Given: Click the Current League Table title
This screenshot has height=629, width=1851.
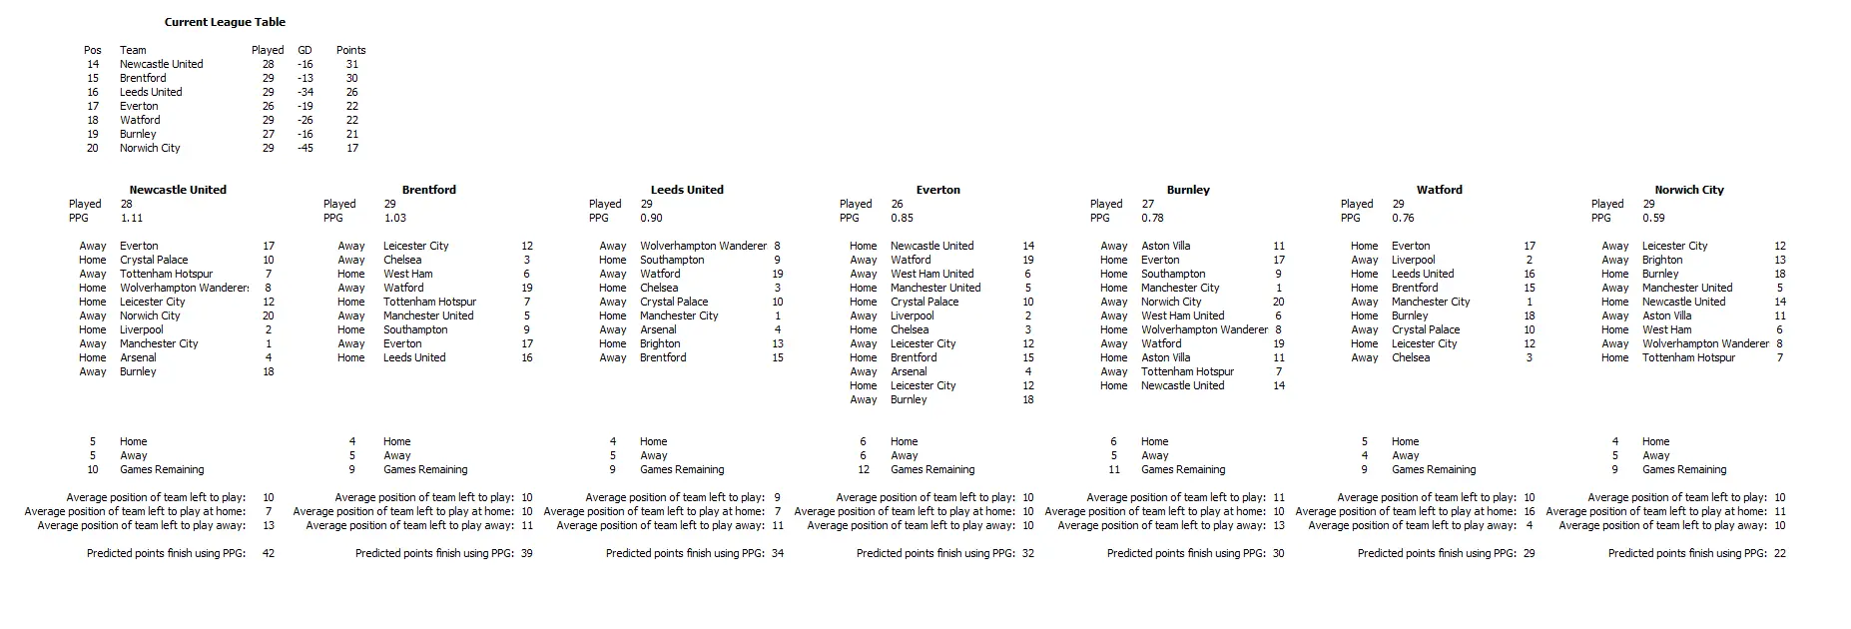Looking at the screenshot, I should pos(225,22).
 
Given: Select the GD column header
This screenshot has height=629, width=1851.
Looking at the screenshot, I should pos(305,50).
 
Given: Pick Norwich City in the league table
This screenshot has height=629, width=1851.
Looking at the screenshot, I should pos(150,148).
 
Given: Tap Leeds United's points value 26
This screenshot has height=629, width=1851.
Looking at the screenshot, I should pos(351,92).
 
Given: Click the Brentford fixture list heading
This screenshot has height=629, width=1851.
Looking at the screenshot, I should pos(428,190).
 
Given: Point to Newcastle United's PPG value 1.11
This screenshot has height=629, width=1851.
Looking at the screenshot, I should pos(131,218).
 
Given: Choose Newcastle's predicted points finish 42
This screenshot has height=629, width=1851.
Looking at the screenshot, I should pos(268,553).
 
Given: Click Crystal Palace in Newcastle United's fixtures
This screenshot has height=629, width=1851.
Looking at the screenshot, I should pos(154,260).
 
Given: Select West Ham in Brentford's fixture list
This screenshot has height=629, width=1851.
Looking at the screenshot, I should pos(407,274).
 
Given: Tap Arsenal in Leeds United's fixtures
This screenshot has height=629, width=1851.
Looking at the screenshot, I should pos(658,329).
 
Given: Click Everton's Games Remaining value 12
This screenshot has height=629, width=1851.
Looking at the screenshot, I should pos(863,469).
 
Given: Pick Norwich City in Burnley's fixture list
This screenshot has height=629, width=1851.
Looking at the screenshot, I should pos(1170,302).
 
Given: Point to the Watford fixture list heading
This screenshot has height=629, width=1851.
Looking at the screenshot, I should pos(1439,190).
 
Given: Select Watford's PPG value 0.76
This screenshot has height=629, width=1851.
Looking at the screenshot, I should pos(1403,218).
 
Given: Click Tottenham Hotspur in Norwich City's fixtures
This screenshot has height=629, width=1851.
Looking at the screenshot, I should pos(1688,357).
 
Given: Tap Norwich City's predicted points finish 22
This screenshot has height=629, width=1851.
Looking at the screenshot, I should pos(1779,553).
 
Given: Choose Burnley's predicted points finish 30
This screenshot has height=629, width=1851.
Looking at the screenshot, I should pos(1278,553).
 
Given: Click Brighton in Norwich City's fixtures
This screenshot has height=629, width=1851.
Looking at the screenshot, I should pos(1662,260).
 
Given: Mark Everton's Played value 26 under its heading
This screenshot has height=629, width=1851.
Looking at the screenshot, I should pos(897,204).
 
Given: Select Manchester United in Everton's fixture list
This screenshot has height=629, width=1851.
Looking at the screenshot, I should pos(935,288).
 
